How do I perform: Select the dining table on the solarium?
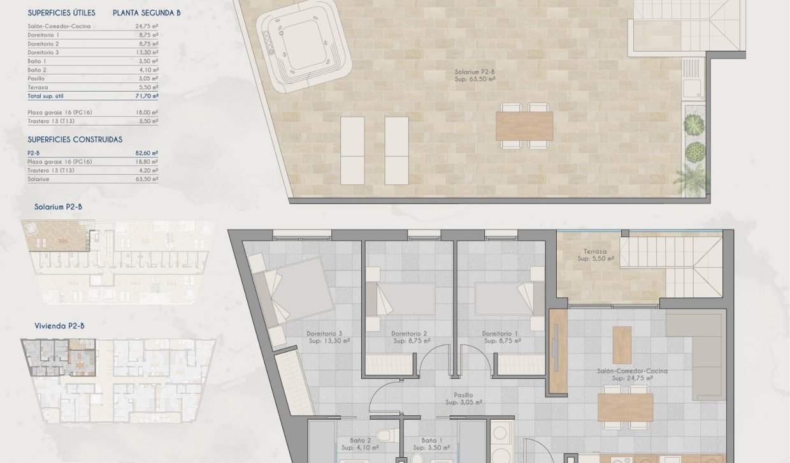click(524, 126)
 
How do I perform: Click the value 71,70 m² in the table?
click(147, 96)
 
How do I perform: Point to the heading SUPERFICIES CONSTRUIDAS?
click(75, 139)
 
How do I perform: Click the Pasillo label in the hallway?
click(463, 395)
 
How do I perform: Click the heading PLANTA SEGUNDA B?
click(147, 13)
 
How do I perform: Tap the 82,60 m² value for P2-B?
click(147, 153)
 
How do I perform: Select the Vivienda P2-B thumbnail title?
click(59, 326)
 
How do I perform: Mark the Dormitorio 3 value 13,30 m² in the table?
click(147, 52)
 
